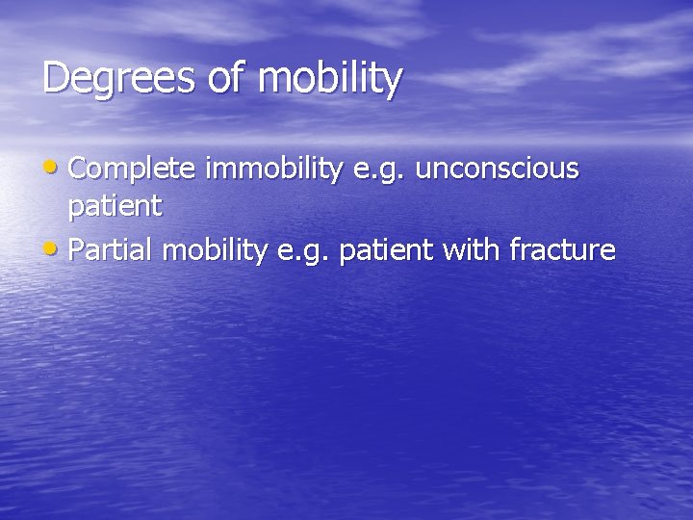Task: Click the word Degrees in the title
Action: [x=118, y=79]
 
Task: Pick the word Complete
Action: [x=133, y=169]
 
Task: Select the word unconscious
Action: [x=498, y=169]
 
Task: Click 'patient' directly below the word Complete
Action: [x=115, y=207]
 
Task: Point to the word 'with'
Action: [x=472, y=251]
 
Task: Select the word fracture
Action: [x=563, y=251]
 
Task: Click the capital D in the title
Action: [x=55, y=77]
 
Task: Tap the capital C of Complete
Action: [x=79, y=169]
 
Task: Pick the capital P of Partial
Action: [x=77, y=251]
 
